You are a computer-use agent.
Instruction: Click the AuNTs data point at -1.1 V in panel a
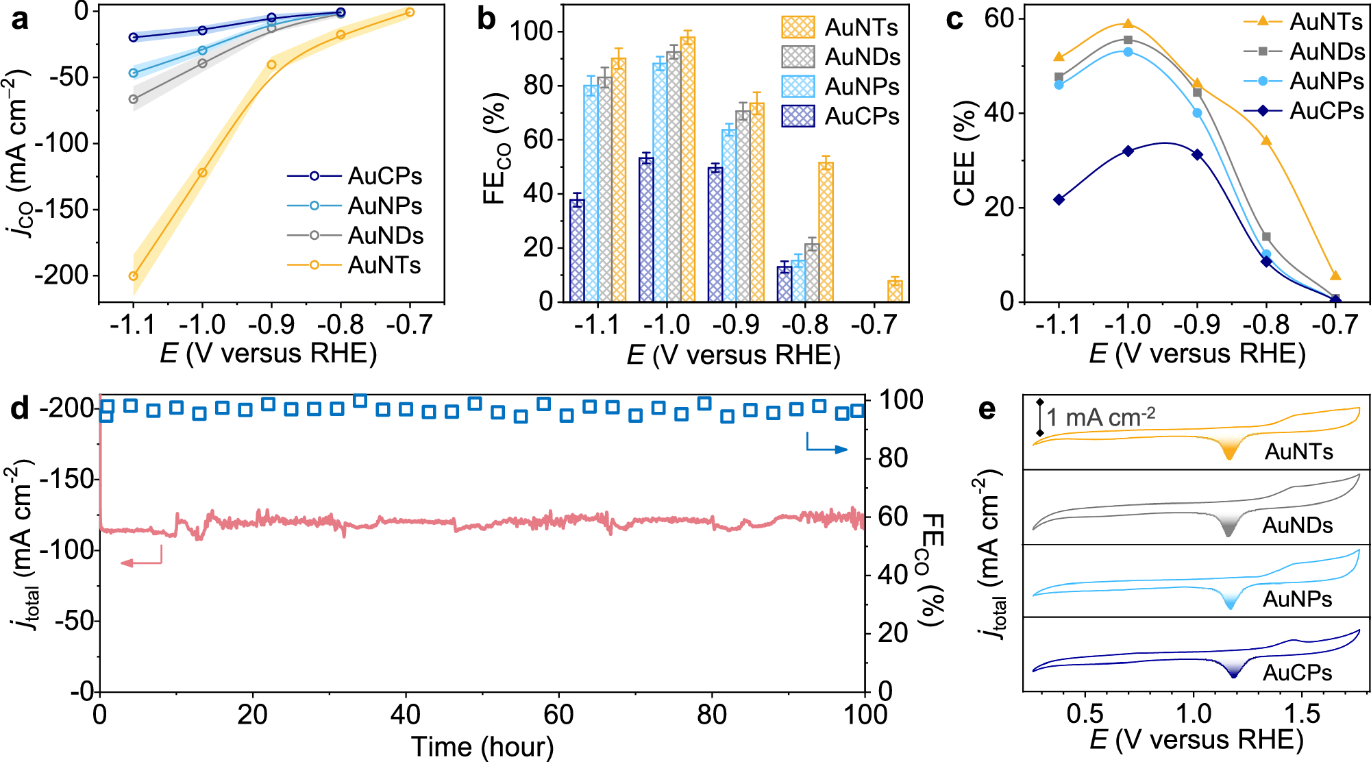point(134,276)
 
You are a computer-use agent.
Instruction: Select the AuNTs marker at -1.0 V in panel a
point(202,173)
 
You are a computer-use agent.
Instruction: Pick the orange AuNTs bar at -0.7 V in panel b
point(895,291)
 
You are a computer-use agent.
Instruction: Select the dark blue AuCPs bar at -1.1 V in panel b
point(577,250)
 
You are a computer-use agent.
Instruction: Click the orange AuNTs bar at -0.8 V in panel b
point(826,232)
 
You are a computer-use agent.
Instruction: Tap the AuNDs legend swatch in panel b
point(798,57)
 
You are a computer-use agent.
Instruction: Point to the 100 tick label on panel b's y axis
point(531,32)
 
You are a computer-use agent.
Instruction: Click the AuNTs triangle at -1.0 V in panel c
point(1128,24)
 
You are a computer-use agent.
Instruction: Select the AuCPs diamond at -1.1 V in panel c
point(1059,199)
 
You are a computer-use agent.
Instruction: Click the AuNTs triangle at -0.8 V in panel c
point(1266,140)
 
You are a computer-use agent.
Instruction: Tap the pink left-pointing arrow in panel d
point(140,563)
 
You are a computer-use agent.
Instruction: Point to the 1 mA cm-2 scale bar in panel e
point(1040,417)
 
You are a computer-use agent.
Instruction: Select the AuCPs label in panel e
point(1297,673)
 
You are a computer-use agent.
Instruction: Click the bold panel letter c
point(954,19)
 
